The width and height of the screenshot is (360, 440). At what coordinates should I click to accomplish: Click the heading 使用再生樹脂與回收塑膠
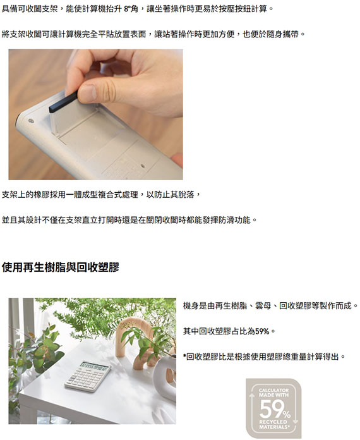(61, 267)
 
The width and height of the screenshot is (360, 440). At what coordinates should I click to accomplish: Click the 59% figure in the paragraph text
(262, 331)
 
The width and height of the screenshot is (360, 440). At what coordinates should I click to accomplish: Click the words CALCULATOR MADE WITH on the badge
(273, 393)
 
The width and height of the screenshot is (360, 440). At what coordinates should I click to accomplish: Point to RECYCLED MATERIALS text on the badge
(273, 424)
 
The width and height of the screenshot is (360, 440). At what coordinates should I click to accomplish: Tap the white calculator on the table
(88, 376)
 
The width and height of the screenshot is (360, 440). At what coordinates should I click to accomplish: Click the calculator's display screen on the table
(94, 365)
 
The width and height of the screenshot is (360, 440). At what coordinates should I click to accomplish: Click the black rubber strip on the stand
(63, 102)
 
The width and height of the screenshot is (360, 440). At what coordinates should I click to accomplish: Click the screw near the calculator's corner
(31, 121)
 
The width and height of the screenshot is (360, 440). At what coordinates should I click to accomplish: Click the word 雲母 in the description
(263, 306)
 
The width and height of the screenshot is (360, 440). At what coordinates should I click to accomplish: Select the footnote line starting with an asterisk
(264, 357)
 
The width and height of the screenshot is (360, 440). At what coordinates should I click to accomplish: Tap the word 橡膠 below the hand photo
(42, 195)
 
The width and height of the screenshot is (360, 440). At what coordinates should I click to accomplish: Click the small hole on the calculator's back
(143, 166)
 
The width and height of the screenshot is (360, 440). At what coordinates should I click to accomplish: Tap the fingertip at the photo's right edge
(177, 159)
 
